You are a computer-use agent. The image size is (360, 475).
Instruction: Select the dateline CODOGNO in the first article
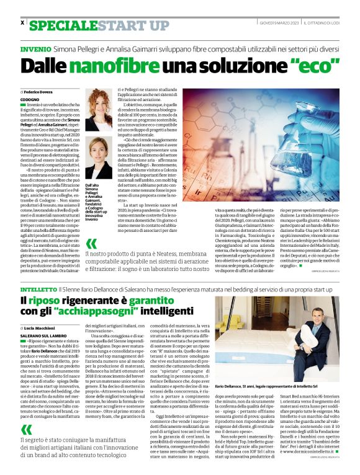point(29,100)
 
